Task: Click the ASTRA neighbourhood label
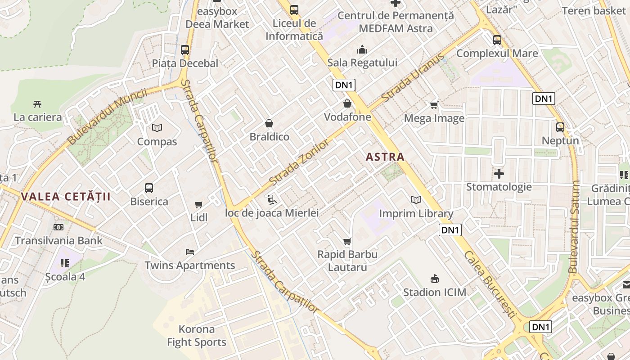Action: pos(385,157)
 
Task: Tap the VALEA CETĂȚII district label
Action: pos(66,197)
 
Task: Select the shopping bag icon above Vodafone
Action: pos(347,104)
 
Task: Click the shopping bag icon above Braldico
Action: pos(269,123)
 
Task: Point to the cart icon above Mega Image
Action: pos(434,105)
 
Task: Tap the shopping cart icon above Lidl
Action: pos(199,204)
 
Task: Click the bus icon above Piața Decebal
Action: pos(185,50)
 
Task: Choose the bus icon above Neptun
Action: pos(560,127)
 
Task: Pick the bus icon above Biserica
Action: pos(149,188)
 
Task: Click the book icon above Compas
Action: pos(157,128)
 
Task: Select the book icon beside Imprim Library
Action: pos(416,200)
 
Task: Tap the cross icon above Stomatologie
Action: pos(499,174)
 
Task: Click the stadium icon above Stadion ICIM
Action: pos(435,279)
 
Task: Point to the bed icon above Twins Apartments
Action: pos(190,252)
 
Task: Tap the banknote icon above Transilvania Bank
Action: pos(58,227)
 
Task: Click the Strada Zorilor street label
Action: pos(299,163)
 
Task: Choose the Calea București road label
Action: pos(489,284)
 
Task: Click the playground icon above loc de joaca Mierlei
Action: pos(272,199)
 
